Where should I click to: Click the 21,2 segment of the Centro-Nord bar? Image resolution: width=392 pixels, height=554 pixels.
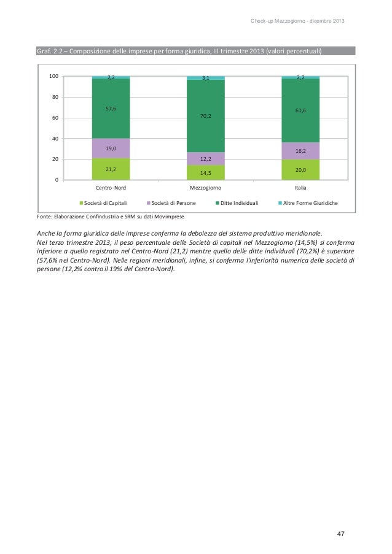pos(111,169)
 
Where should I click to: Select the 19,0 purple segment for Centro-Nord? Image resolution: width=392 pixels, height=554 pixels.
pos(111,148)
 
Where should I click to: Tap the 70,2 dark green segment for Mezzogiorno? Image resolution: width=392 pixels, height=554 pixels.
pos(205,115)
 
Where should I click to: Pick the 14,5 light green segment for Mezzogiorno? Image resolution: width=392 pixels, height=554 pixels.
pos(205,172)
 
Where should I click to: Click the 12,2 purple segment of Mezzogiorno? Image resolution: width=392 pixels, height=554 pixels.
pos(205,158)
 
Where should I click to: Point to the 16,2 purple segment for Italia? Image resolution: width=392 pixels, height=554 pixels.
pos(300,151)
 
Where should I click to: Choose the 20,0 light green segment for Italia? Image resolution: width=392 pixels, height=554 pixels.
pos(300,169)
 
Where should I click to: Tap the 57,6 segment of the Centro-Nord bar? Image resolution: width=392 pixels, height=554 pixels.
pos(111,109)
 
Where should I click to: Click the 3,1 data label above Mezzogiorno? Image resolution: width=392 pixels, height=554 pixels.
pos(205,78)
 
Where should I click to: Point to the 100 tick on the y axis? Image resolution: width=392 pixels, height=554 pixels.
pos(53,77)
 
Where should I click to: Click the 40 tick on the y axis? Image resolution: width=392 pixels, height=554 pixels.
pos(55,139)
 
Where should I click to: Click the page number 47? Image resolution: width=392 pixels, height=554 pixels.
pos(340,533)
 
